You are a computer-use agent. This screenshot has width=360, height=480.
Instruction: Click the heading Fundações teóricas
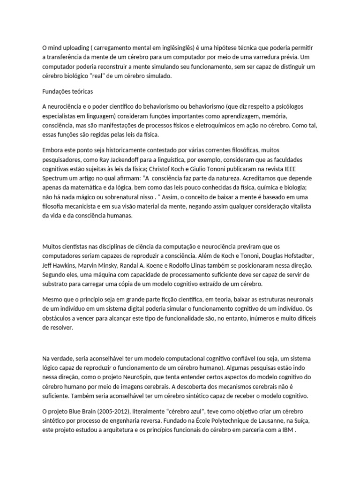point(70,91)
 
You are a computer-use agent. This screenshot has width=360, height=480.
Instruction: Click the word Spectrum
point(56,178)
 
